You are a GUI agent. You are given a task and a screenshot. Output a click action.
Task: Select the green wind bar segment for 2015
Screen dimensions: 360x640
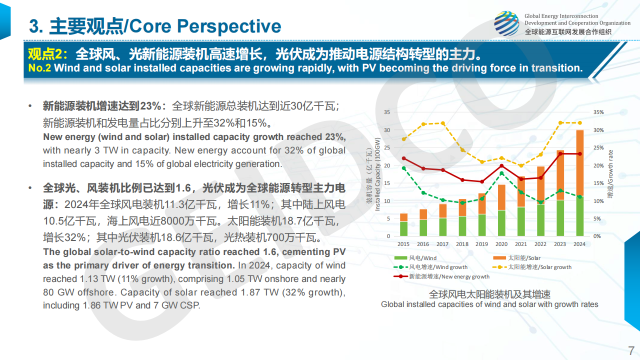point(403,228)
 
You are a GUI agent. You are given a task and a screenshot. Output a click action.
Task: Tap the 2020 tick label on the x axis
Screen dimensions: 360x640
point(501,244)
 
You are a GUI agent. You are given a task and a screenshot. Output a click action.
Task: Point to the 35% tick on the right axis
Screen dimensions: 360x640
point(598,112)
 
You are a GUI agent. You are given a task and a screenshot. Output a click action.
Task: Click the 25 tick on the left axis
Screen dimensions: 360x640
point(387,147)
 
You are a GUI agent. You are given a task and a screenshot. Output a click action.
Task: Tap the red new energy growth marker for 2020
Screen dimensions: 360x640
point(501,165)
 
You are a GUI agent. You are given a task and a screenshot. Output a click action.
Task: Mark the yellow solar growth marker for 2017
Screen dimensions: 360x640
point(442,123)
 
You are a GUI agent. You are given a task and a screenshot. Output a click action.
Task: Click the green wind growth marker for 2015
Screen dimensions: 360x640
point(403,168)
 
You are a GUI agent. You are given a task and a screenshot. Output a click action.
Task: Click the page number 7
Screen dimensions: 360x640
point(631,349)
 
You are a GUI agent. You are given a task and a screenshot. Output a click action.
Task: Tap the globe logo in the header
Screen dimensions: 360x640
point(506,23)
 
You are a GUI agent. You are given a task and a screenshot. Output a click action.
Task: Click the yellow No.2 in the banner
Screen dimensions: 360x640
point(39,68)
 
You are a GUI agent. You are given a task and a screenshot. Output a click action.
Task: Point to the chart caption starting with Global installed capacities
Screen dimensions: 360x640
point(489,304)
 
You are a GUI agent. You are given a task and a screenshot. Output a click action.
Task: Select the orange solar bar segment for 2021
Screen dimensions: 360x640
point(520,192)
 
